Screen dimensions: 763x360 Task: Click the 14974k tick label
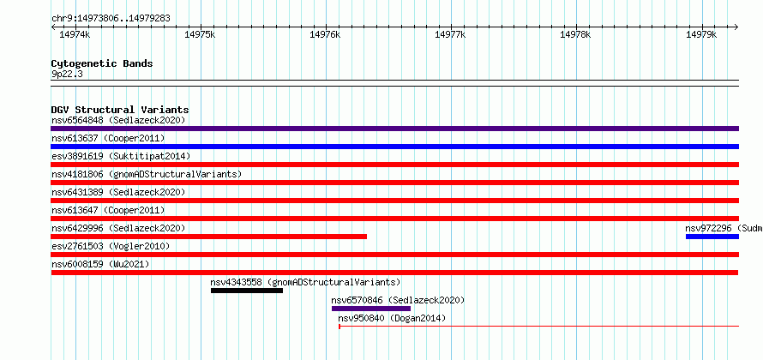pos(75,34)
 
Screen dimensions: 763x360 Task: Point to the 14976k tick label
pos(325,34)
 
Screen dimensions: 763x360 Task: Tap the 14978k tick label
pos(575,34)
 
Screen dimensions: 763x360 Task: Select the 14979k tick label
pos(701,34)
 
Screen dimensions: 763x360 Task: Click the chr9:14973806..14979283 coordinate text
pos(111,19)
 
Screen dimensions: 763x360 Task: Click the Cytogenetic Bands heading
pos(102,63)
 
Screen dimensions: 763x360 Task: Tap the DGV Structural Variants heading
pos(120,110)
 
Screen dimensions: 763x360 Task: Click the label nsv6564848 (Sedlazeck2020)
pos(118,120)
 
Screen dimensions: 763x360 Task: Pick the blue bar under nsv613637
pos(394,147)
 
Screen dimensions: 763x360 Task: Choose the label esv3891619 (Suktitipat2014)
pos(121,156)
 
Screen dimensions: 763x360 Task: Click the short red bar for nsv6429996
pos(209,237)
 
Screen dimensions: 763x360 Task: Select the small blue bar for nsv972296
pos(712,237)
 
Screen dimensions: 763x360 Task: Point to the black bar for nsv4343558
pos(247,291)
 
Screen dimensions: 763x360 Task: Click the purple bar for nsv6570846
pos(371,309)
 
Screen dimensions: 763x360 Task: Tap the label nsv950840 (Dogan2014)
pos(392,319)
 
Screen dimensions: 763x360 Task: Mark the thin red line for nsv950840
pos(538,326)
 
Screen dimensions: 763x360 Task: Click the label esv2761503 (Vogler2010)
pos(111,246)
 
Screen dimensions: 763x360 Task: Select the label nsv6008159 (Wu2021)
pos(100,264)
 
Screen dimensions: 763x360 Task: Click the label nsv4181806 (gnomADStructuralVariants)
pos(147,174)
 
